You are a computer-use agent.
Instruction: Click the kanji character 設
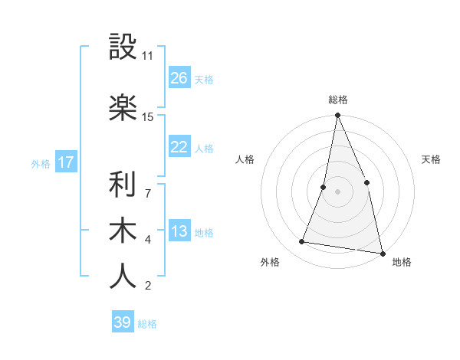(123, 47)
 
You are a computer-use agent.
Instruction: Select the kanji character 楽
(123, 108)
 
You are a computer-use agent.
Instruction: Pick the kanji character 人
(123, 276)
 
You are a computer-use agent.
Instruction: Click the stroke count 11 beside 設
(148, 56)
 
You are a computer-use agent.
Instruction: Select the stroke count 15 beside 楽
(148, 117)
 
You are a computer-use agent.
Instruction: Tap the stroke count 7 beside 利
(148, 186)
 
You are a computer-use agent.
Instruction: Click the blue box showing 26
(179, 78)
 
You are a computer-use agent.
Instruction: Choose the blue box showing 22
(179, 147)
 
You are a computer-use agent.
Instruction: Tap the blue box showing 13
(179, 231)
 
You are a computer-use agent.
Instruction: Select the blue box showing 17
(65, 162)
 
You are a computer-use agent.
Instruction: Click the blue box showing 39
(122, 322)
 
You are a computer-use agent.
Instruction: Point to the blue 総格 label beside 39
(147, 324)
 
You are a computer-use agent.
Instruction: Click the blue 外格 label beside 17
(41, 164)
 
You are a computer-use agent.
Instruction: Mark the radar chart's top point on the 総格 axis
(337, 116)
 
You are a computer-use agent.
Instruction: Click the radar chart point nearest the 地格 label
(382, 252)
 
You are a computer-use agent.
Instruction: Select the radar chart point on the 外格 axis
(302, 242)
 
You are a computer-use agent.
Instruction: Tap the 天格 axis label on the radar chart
(432, 159)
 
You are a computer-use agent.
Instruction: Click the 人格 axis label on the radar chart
(245, 159)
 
